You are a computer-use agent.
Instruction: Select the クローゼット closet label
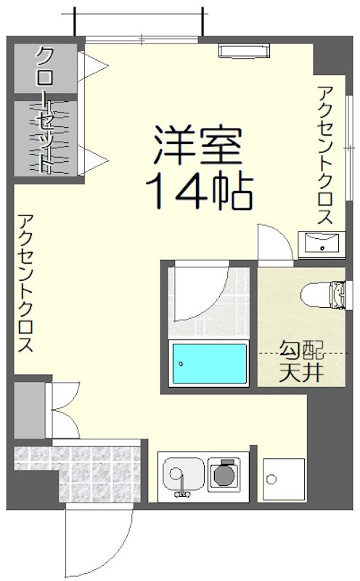[46, 109]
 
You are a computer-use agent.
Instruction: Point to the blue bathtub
[208, 365]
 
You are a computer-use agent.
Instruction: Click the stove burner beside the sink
[224, 475]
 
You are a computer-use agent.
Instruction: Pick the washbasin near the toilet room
[320, 243]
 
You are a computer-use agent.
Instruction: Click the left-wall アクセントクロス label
[26, 283]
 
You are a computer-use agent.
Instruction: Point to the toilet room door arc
[274, 243]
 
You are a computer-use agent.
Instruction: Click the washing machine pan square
[279, 480]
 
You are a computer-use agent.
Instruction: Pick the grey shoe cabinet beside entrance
[28, 410]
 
